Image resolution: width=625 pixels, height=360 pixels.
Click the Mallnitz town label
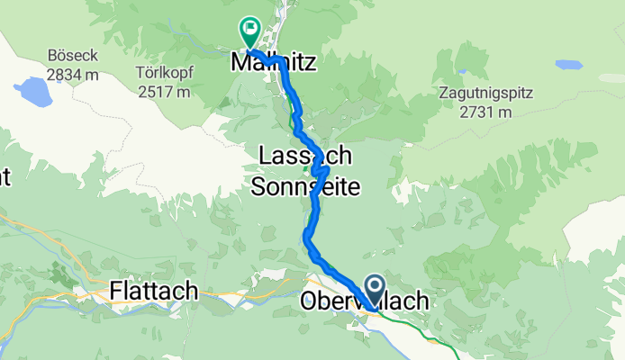coord(270,64)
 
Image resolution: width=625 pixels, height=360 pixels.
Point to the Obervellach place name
coord(364,302)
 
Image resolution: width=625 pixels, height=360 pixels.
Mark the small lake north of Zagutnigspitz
coord(568,65)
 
